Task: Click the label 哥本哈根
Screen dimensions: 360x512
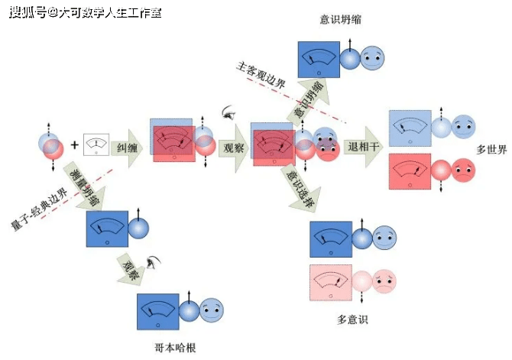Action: [175, 347]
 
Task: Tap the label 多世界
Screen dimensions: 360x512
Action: [491, 150]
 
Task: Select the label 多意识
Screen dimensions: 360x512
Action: [352, 319]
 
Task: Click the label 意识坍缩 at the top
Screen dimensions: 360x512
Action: [341, 19]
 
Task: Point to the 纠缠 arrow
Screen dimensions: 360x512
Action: [128, 147]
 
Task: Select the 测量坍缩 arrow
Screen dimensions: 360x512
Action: [85, 186]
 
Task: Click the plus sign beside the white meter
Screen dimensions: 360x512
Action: [75, 144]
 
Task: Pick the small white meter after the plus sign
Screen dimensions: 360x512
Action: [96, 144]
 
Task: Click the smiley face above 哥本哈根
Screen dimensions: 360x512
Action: [212, 311]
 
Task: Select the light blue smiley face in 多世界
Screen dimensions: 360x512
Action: [463, 126]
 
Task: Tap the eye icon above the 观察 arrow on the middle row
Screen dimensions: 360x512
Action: [227, 112]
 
